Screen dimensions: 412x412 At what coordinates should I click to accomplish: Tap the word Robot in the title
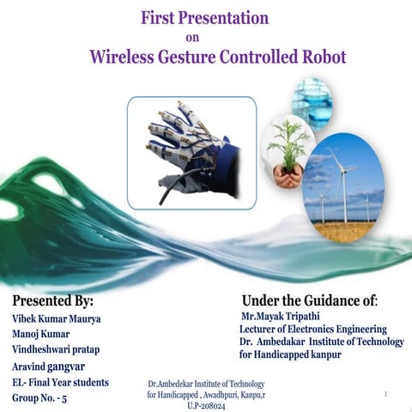[318, 58]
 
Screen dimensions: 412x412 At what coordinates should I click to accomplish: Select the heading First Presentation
[206, 18]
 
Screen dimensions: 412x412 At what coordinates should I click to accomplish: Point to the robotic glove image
[191, 153]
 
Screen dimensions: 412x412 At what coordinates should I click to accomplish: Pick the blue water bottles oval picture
[312, 102]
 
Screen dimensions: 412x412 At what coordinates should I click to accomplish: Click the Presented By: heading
[53, 301]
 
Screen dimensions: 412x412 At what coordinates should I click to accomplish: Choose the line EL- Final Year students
[61, 382]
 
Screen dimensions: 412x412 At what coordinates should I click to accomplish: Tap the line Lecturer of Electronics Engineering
[312, 329]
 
